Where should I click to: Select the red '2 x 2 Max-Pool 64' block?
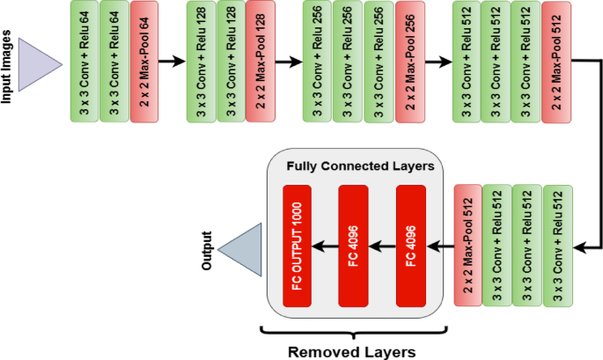tap(143, 62)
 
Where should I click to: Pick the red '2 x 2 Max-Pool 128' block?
tap(261, 62)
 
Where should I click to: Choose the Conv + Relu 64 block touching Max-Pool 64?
tap(114, 62)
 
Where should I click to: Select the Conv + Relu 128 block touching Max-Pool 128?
tap(231, 62)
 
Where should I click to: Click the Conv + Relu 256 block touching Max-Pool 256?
tap(379, 62)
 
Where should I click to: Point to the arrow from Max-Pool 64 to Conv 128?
tap(173, 62)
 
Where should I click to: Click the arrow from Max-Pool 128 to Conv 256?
tap(290, 62)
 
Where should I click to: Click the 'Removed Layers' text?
tap(351, 350)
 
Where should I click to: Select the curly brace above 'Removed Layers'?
tap(351, 332)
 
